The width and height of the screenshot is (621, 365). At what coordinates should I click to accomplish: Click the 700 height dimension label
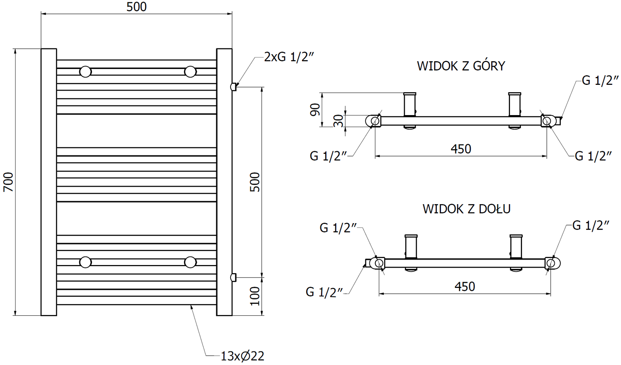pyautogui.click(x=9, y=182)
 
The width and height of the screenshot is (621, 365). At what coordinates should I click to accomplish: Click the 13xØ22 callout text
pyautogui.click(x=242, y=356)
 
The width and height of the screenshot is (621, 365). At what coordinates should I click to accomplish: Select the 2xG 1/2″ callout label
pyautogui.click(x=288, y=57)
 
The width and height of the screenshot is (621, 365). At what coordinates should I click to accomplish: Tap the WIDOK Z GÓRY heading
pyautogui.click(x=461, y=66)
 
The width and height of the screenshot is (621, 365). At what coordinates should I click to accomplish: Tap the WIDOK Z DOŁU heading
pyautogui.click(x=466, y=209)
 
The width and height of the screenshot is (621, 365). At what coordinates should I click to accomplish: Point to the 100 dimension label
pyautogui.click(x=255, y=296)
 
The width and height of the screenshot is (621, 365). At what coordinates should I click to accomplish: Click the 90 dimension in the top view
pyautogui.click(x=315, y=110)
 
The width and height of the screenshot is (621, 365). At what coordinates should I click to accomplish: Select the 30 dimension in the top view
pyautogui.click(x=338, y=121)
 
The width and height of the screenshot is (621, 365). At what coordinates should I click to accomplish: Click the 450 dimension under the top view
pyautogui.click(x=461, y=149)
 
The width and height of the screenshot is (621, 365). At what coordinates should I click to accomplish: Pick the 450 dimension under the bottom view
pyautogui.click(x=465, y=287)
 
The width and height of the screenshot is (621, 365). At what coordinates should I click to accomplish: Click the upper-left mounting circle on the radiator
pyautogui.click(x=85, y=72)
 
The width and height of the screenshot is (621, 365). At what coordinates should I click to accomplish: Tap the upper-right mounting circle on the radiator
pyautogui.click(x=190, y=72)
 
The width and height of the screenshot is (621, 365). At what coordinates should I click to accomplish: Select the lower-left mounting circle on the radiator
pyautogui.click(x=85, y=262)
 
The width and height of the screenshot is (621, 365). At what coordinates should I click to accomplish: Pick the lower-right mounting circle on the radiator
pyautogui.click(x=190, y=262)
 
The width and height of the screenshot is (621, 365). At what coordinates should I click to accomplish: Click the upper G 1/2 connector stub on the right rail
pyautogui.click(x=234, y=87)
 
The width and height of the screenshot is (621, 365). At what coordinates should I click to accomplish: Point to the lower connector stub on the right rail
pyautogui.click(x=234, y=277)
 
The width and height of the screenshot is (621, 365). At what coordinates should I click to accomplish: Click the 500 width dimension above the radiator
pyautogui.click(x=137, y=7)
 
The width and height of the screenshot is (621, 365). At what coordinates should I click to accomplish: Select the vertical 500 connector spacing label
pyautogui.click(x=255, y=182)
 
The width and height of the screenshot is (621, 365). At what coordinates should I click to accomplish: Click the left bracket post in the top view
pyautogui.click(x=410, y=105)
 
